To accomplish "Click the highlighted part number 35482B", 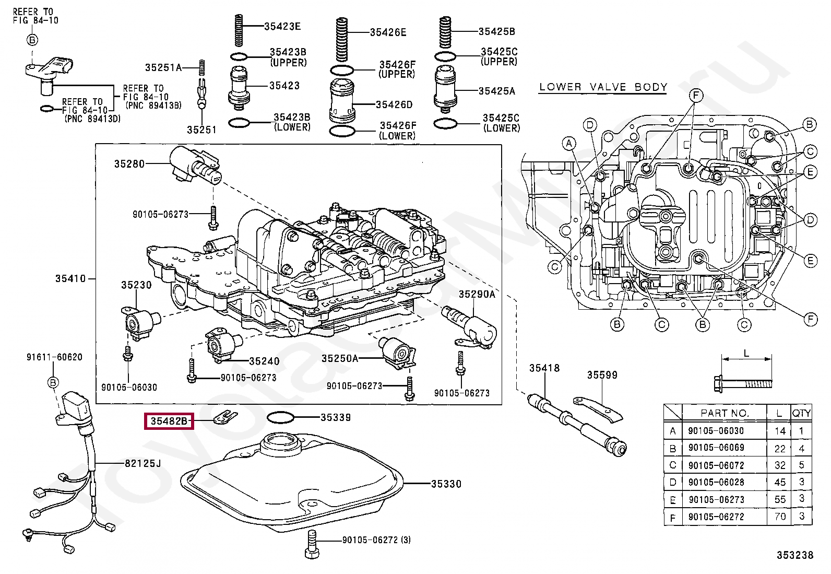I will click(169, 420).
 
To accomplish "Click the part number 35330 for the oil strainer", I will click(446, 484).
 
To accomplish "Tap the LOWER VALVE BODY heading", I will click(603, 87).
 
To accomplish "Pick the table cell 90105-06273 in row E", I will click(716, 500).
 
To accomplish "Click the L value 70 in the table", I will click(780, 517).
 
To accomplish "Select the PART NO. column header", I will click(725, 413).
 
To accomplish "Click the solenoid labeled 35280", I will click(196, 165).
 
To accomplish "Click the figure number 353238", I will click(794, 556).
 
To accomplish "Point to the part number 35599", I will click(602, 375).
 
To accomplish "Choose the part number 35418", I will click(544, 368).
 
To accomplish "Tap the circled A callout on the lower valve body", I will click(569, 143).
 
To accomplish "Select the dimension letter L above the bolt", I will click(746, 354).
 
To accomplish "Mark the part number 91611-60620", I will click(54, 357).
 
